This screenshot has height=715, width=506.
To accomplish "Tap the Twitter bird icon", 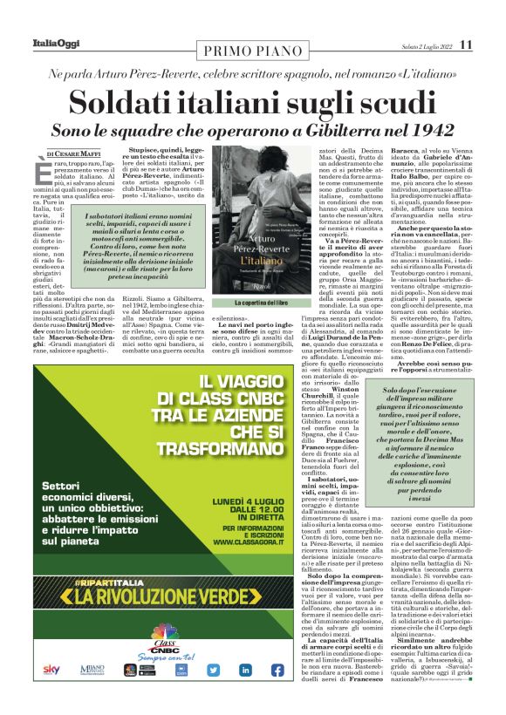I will click(x=212, y=670).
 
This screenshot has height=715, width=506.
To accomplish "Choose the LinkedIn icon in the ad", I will click(x=245, y=670).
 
